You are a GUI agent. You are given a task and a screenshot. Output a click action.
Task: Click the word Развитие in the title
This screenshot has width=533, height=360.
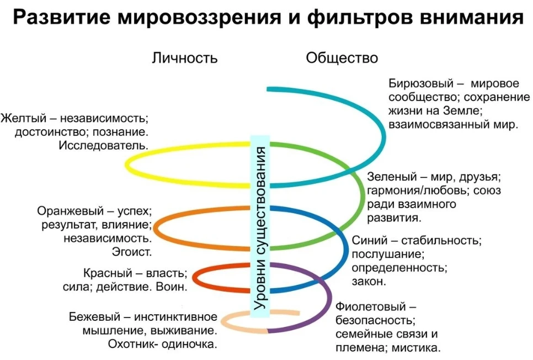[x=62, y=17]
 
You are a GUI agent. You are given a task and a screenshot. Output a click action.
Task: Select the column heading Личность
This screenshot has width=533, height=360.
[x=185, y=58]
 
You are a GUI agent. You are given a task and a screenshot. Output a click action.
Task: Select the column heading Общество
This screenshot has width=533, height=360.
[x=342, y=58]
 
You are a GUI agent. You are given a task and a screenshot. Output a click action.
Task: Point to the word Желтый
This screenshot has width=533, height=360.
[x=24, y=118]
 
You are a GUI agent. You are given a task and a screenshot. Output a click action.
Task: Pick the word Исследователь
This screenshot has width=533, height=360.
[x=104, y=146]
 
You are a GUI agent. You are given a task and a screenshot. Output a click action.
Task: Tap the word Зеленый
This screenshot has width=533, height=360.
[x=392, y=177]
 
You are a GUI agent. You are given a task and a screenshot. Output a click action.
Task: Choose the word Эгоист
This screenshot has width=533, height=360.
[x=131, y=252]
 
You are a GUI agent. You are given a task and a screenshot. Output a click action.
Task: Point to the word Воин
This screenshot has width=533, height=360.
[x=171, y=287]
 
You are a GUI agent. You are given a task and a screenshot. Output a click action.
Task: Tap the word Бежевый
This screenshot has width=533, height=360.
[x=94, y=317]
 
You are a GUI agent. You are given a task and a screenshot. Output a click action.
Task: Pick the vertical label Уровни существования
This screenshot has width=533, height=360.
[x=260, y=229]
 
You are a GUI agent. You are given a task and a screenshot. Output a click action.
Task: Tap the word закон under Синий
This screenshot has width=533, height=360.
[x=369, y=282]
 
